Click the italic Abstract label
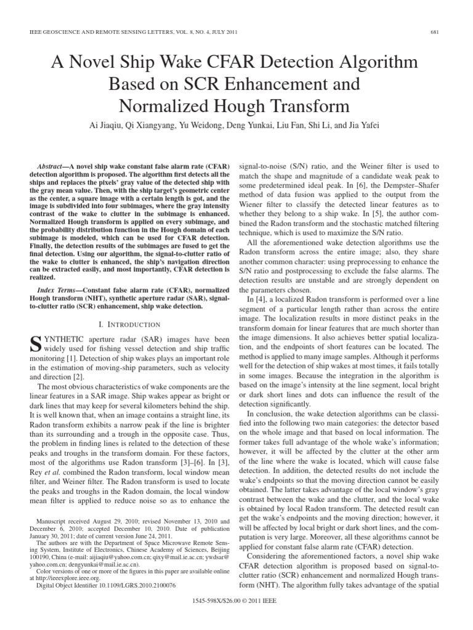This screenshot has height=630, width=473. tap(52, 167)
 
